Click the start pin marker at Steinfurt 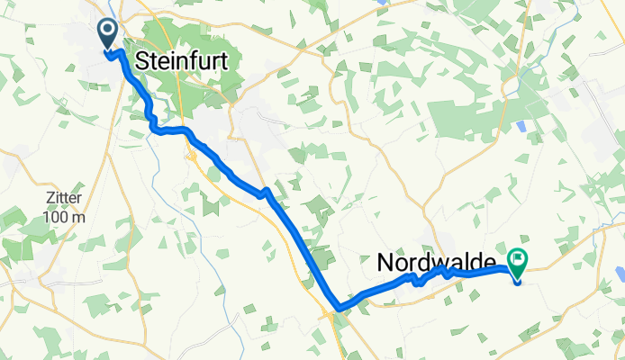click(107, 35)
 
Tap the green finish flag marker click(518, 262)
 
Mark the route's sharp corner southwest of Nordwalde click(337, 309)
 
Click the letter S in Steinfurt click(141, 61)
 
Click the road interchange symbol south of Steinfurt click(192, 156)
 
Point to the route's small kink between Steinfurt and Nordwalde click(265, 193)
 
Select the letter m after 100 click(80, 217)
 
